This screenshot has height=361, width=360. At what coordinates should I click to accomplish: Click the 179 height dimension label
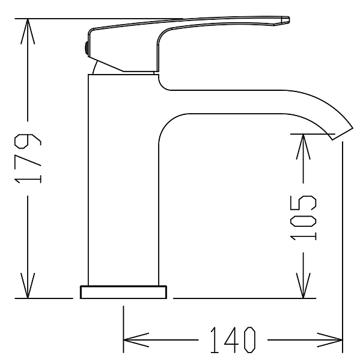28,158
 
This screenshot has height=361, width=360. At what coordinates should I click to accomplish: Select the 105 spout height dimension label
303,218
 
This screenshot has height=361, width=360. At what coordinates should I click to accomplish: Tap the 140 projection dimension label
233,340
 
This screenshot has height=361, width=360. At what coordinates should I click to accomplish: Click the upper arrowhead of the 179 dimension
28,31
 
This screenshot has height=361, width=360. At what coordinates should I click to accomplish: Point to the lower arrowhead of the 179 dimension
28,285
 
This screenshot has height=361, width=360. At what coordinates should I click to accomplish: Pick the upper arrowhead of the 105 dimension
303,146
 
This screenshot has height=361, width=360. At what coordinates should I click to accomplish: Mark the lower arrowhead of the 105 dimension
303,285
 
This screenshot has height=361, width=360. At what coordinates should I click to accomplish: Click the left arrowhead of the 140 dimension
136,340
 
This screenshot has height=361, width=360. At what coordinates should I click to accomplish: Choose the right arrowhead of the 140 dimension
330,340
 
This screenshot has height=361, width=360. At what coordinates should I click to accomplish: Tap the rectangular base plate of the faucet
124,292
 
